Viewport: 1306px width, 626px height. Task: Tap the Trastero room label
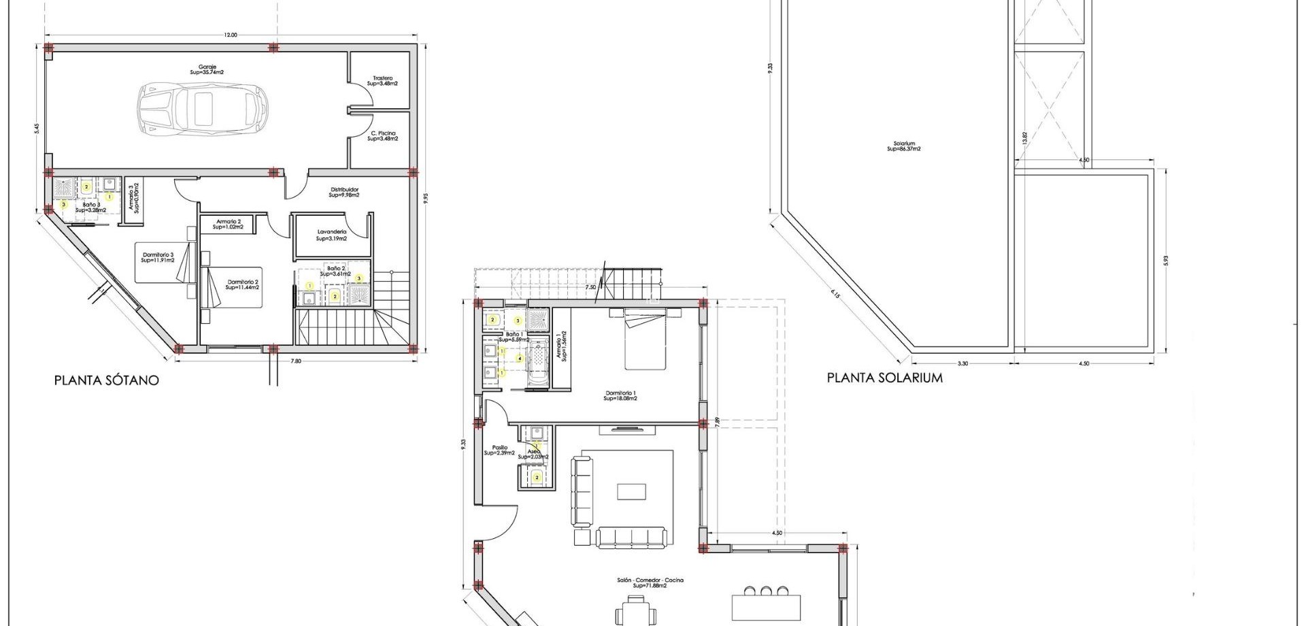(382, 80)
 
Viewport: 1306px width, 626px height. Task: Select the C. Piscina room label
(382, 135)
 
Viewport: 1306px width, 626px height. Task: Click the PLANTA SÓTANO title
(106, 380)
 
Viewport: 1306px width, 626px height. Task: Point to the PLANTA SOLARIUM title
(884, 378)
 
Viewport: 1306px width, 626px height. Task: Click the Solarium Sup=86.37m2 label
(904, 146)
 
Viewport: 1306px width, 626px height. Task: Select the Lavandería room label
(331, 235)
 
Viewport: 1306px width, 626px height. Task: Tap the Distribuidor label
(344, 192)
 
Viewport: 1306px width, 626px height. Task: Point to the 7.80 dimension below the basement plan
(295, 361)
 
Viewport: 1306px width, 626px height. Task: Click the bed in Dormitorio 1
(646, 340)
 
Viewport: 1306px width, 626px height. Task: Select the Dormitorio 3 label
(157, 257)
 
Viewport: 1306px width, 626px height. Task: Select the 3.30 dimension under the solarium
(962, 363)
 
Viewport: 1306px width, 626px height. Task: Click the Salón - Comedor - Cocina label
(650, 582)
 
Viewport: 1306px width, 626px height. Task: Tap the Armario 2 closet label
(228, 224)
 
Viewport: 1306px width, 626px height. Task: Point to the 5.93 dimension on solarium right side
(1165, 261)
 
